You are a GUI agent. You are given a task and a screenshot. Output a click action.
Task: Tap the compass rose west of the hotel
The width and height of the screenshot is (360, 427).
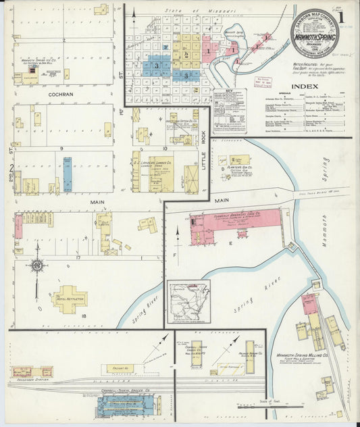(x=36, y=266)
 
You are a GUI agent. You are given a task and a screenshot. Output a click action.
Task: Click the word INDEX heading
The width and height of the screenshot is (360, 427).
(x=305, y=86)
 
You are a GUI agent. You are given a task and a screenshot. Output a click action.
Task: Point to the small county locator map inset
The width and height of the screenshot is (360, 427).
(x=189, y=301)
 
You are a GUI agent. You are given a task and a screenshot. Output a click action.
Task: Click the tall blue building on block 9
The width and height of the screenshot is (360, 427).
(x=68, y=174)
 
